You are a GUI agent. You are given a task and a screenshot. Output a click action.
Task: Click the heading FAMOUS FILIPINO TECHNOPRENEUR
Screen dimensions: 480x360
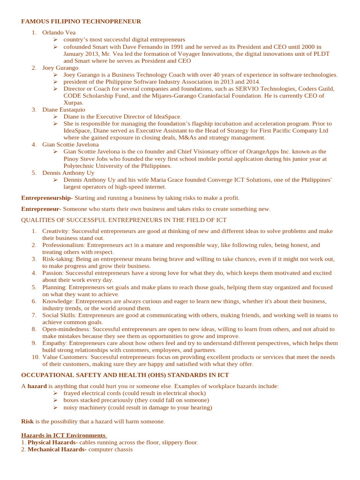[81, 22]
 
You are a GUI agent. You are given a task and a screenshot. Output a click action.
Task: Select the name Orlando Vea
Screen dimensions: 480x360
[59, 33]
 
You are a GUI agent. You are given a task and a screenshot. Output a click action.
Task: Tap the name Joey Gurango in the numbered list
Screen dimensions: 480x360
[60, 68]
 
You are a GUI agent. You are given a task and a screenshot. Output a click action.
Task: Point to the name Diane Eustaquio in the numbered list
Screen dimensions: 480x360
[64, 110]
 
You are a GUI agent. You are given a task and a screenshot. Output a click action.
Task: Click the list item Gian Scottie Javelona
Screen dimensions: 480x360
[70, 145]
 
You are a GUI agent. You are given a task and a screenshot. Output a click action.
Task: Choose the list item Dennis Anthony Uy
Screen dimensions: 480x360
[68, 173]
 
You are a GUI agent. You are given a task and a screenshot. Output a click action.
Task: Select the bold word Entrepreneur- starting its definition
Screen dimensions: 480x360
[41, 209]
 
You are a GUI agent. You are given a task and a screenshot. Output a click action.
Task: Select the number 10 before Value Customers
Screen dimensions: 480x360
[36, 357]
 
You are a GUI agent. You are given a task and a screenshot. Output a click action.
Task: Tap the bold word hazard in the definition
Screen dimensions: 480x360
[37, 386]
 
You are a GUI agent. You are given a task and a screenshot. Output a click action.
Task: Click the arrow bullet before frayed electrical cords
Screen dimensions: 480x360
[55, 393]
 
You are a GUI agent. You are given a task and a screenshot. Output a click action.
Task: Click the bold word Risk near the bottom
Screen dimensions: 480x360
[27, 421]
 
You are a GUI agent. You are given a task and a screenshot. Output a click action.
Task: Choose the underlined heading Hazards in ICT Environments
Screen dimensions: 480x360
[64, 435]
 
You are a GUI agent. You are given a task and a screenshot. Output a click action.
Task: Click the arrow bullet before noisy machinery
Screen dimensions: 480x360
[55, 407]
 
